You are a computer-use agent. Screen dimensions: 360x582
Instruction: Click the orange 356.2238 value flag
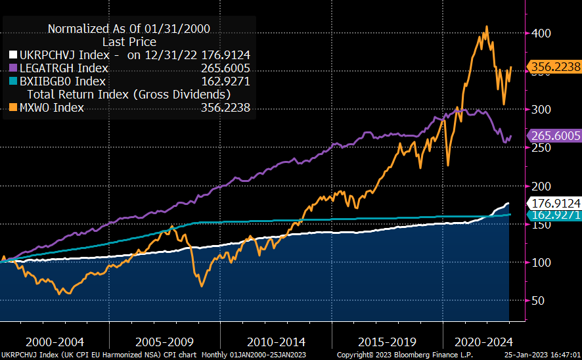pos(555,66)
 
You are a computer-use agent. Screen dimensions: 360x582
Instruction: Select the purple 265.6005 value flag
pos(555,136)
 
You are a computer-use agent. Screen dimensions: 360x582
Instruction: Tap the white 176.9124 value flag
pos(555,204)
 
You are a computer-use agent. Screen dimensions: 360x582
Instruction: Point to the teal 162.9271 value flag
pos(555,215)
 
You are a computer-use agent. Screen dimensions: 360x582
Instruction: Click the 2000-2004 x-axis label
pos(54,342)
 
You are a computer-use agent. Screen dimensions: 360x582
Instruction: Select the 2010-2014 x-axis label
pos(277,342)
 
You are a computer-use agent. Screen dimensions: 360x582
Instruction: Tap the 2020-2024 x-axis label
pos(483,342)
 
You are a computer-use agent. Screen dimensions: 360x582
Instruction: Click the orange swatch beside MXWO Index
pos(13,108)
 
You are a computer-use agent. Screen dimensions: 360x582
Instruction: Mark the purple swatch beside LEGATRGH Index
pos(13,68)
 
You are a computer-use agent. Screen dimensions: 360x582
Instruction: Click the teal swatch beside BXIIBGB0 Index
pos(13,81)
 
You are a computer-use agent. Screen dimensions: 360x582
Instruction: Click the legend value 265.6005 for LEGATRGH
pos(225,68)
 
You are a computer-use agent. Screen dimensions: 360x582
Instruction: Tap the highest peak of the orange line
pos(486,27)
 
